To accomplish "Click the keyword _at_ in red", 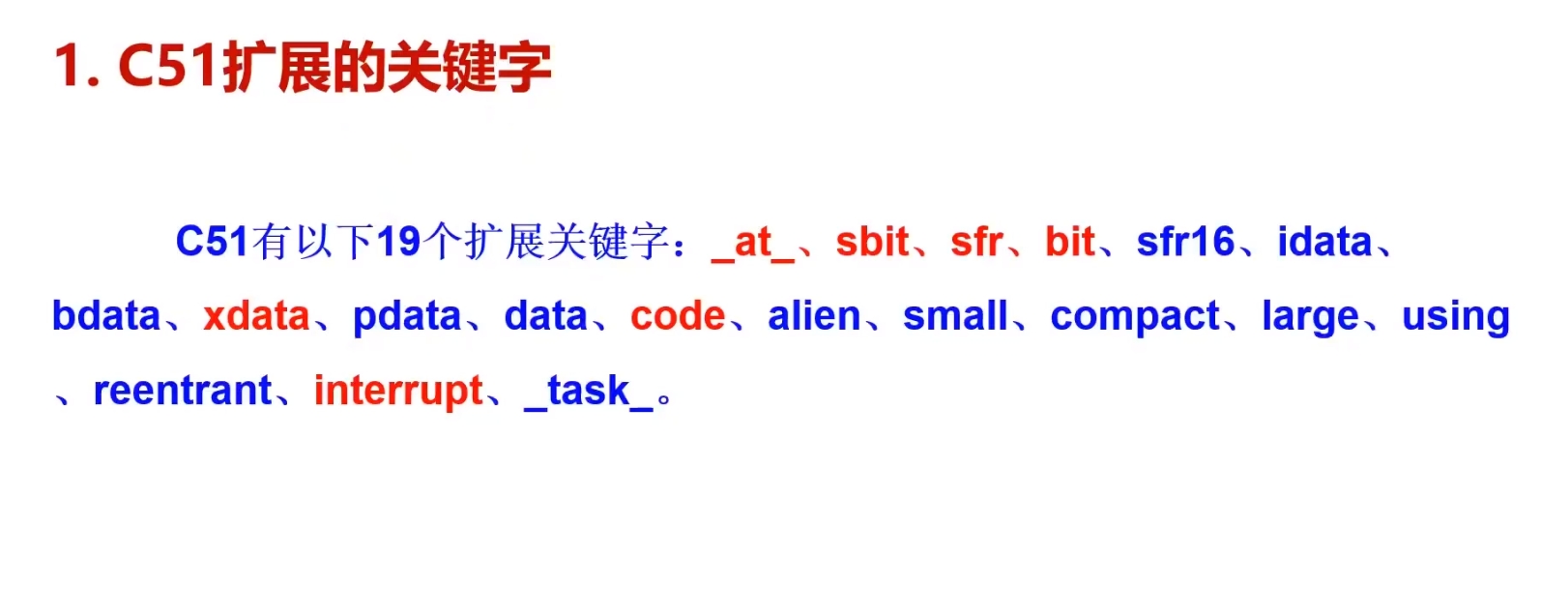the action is (752, 243).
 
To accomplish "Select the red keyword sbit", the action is (872, 242).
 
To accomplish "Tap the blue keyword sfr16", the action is (1185, 242).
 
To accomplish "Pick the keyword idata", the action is (1324, 242).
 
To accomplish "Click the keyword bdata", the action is (106, 315).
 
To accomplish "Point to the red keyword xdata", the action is (256, 315).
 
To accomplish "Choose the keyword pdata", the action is (407, 318).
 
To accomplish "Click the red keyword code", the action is (678, 315).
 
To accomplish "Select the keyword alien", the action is (814, 315).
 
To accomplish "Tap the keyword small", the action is (955, 315).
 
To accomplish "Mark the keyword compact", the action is (1134, 318).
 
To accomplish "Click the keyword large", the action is (1310, 318).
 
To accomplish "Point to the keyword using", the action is (1456, 318).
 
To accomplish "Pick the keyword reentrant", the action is (183, 391).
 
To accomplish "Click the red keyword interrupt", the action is (398, 392).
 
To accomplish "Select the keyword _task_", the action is (588, 392).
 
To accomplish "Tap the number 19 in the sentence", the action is (399, 242).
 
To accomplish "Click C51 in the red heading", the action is (168, 67).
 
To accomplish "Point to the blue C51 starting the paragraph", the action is (211, 242).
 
